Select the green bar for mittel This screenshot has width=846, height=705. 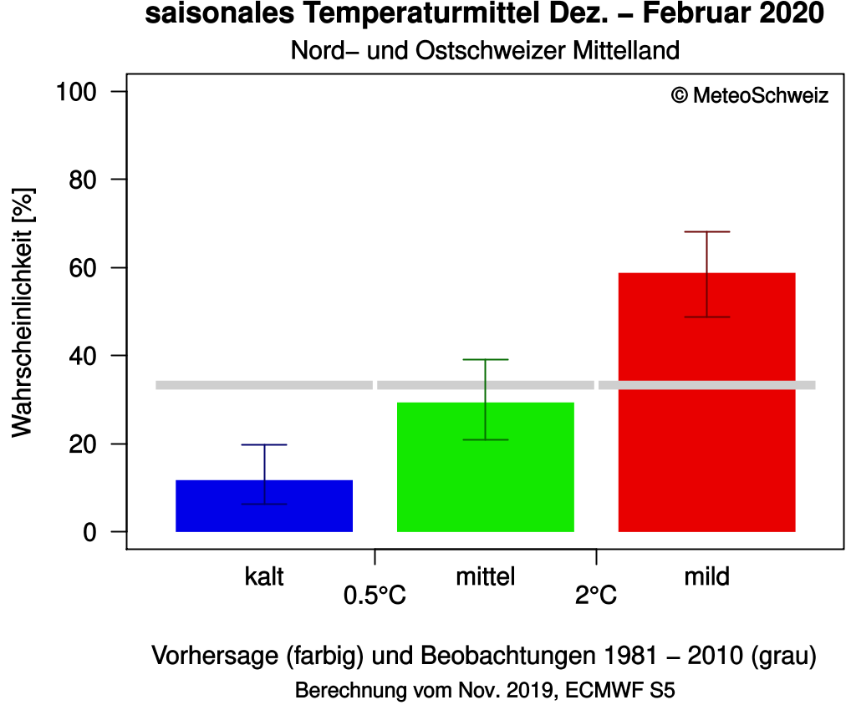[486, 467]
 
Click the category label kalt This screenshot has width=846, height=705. [264, 576]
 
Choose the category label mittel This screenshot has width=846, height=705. [486, 576]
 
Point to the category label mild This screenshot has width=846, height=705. [706, 576]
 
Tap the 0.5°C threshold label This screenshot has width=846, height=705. [375, 596]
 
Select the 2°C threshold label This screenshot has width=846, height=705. [595, 596]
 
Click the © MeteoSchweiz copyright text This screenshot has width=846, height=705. [750, 96]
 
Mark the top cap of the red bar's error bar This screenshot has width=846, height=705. [706, 231]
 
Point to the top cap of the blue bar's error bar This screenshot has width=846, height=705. [264, 444]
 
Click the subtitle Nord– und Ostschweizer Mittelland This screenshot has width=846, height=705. [485, 50]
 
